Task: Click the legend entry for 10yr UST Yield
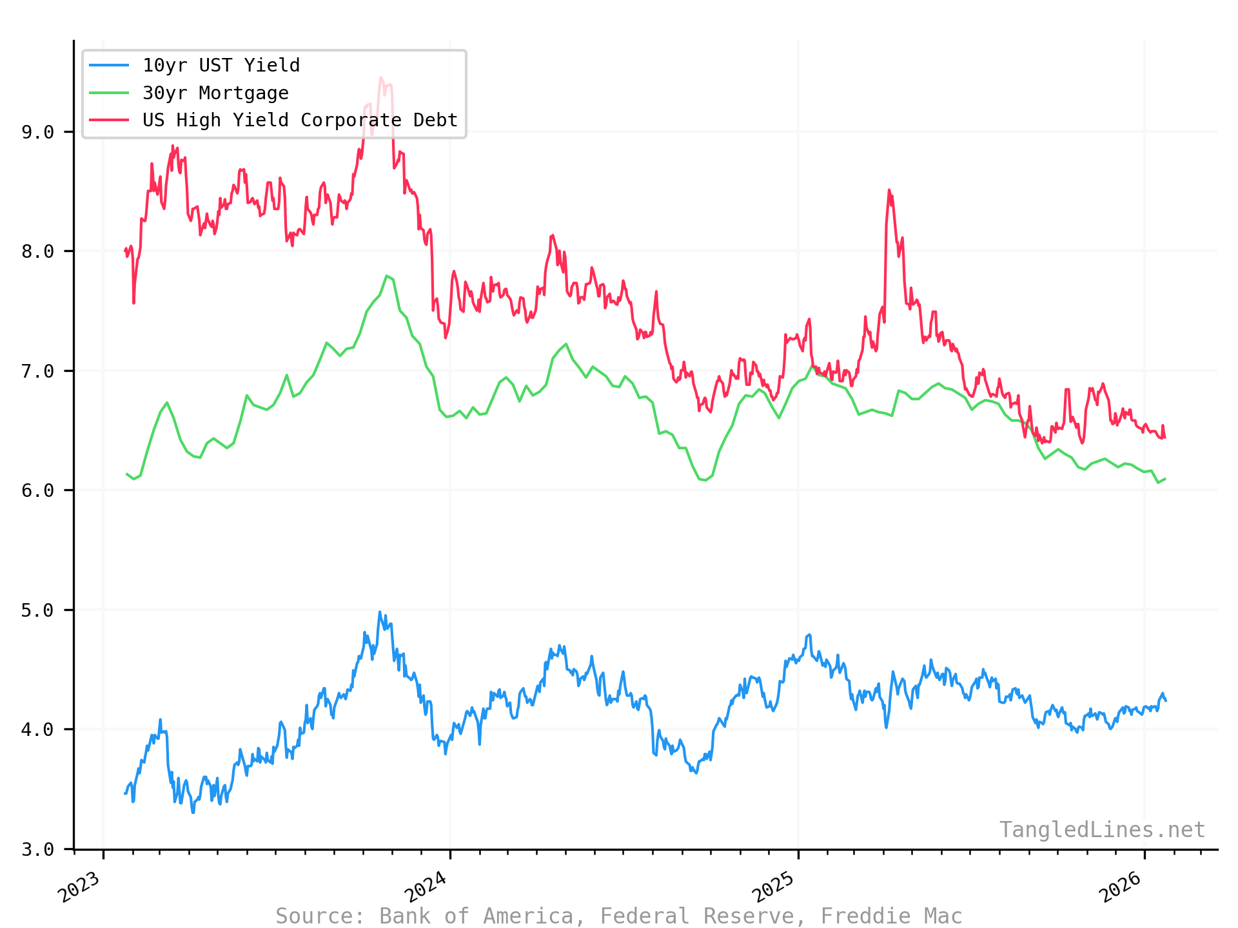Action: tap(221, 66)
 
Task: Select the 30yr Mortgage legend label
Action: tap(215, 93)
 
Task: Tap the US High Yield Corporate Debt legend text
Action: tap(300, 121)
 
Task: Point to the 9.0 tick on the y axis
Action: tap(37, 132)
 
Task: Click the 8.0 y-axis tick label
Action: tap(37, 251)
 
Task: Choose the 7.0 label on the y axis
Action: tap(37, 371)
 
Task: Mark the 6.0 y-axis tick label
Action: tap(37, 490)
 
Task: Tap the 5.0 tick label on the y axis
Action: tap(37, 610)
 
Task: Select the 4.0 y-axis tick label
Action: tap(37, 730)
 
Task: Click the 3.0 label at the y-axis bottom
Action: tap(37, 849)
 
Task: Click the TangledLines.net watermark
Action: tap(1102, 830)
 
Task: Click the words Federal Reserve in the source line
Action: tap(703, 916)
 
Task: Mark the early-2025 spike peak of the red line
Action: tap(889, 190)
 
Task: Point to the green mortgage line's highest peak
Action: tap(386, 276)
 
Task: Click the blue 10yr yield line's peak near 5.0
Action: tap(380, 612)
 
